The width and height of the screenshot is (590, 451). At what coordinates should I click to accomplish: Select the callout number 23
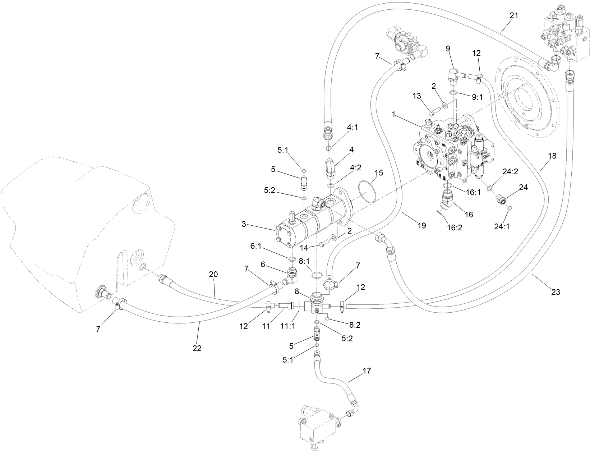[x=556, y=292]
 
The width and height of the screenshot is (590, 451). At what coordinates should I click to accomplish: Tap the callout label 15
[x=379, y=172]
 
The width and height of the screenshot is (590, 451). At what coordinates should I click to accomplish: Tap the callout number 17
[x=367, y=371]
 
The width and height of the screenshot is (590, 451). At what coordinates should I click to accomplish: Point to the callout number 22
[x=197, y=348]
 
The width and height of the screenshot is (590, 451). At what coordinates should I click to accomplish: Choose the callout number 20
[x=213, y=274]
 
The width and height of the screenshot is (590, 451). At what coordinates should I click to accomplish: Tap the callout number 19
[x=421, y=225]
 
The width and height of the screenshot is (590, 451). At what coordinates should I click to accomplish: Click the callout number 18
[x=552, y=156]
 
